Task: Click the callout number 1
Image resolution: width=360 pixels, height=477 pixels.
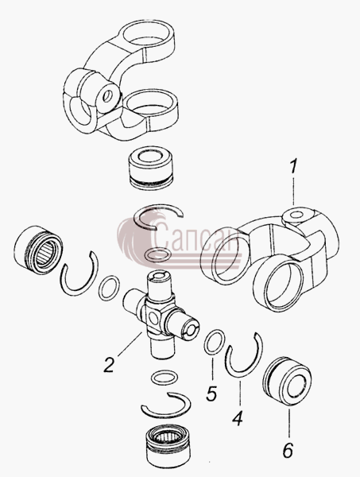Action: (292, 167)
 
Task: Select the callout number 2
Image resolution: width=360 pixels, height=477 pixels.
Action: (109, 365)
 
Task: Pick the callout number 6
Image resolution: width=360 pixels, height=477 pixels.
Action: (288, 450)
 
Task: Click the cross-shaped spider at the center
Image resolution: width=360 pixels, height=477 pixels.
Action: (161, 314)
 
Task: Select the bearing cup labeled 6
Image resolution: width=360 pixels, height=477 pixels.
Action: (287, 382)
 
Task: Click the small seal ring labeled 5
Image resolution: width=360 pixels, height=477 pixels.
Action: (214, 342)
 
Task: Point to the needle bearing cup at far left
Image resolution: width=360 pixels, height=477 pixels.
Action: (38, 250)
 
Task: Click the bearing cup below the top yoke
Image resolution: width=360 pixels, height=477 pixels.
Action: (151, 171)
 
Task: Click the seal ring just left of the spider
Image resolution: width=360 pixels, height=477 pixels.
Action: (109, 288)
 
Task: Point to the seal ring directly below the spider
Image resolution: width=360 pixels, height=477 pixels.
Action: (164, 378)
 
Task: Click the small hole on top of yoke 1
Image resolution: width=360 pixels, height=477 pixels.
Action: (296, 215)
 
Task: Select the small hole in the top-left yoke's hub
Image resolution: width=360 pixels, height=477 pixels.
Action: (107, 96)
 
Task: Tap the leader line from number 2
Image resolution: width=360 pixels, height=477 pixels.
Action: (130, 343)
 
